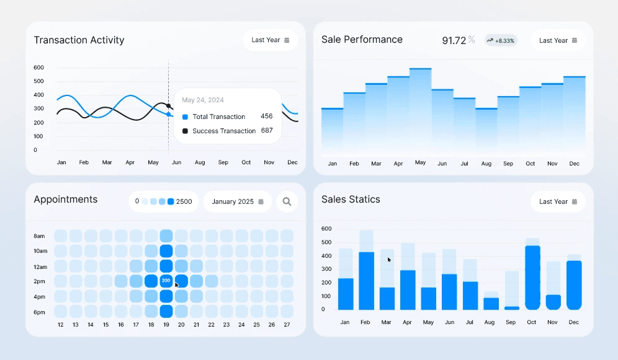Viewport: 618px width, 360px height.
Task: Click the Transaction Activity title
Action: point(79,40)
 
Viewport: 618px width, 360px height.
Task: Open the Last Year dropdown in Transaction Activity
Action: point(270,40)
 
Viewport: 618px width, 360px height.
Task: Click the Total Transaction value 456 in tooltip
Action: point(266,116)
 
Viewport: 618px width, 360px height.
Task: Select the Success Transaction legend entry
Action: point(223,131)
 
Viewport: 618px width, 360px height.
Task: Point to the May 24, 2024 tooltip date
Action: point(203,100)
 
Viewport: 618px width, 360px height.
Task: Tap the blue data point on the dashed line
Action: point(169,114)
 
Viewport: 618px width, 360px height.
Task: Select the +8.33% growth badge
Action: point(501,40)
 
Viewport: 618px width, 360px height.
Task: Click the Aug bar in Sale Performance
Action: point(486,130)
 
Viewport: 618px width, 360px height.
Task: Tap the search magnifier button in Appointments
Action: point(287,201)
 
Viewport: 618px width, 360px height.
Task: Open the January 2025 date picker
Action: point(237,201)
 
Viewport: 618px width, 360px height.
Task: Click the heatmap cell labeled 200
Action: point(166,281)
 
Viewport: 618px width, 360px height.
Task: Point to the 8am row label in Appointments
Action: point(39,236)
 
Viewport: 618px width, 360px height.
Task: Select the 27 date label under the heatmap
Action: point(286,325)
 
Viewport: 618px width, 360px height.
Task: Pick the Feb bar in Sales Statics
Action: point(366,280)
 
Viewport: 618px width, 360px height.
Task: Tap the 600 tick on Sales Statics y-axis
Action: point(326,229)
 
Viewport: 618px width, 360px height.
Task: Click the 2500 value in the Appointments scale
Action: point(184,201)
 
